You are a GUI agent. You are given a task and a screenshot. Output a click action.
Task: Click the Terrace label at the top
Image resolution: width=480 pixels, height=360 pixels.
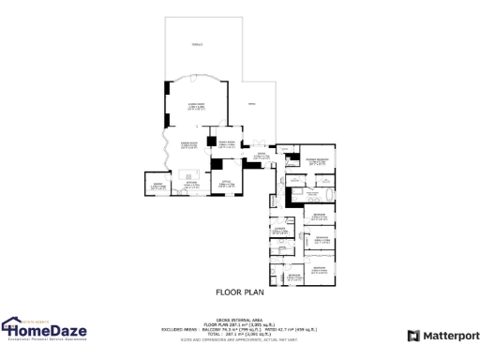click(x=196, y=44)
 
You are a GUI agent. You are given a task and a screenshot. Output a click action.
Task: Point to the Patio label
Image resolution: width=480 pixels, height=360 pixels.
click(x=249, y=104)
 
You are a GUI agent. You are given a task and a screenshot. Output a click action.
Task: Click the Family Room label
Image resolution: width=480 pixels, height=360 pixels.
click(x=225, y=144)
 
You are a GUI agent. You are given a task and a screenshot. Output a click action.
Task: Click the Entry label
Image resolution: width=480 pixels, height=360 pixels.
click(x=262, y=156)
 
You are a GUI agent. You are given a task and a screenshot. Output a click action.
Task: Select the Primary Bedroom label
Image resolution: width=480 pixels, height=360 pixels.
click(x=315, y=162)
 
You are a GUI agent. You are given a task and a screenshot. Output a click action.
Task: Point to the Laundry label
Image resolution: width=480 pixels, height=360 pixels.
click(x=278, y=230)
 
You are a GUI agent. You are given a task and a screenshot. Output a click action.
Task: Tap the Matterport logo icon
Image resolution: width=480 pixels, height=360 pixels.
click(x=413, y=336)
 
